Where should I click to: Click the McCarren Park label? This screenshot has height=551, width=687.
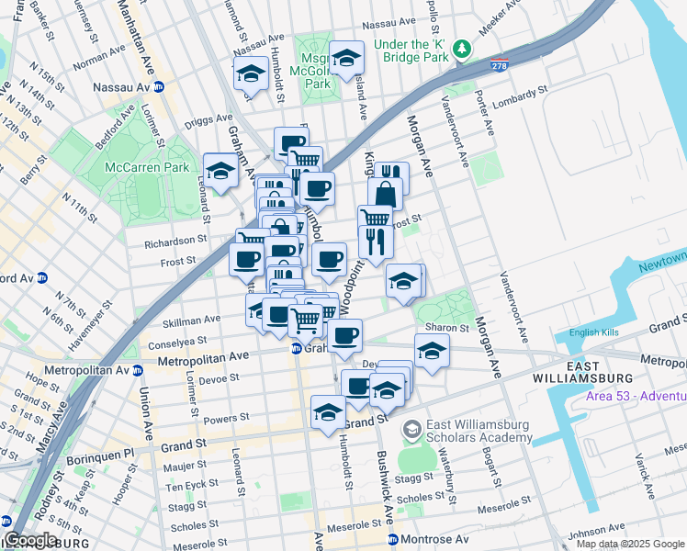pos(147,167)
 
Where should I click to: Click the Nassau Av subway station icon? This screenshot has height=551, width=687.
pos(159,87)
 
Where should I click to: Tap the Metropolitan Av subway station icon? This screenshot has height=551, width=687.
pos(137,370)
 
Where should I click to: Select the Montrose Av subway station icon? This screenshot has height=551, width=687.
pos(392,538)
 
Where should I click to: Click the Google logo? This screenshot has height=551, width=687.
pos(31,540)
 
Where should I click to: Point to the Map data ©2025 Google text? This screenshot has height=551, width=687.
pos(630,544)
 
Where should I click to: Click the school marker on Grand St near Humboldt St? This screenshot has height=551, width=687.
pos(328,412)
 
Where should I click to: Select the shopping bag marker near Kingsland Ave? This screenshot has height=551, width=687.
pos(385,195)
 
